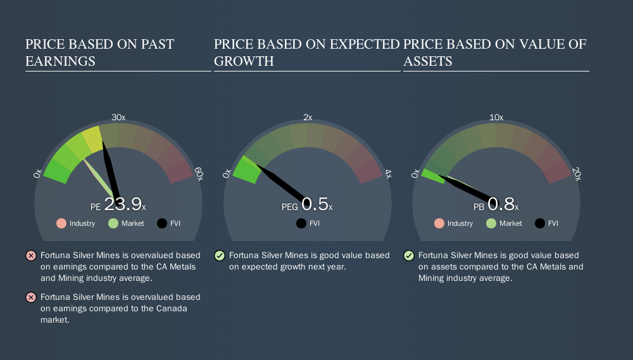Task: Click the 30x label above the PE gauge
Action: coord(118,117)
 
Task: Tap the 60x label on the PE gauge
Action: coord(198,174)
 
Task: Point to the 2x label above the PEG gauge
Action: coord(308,117)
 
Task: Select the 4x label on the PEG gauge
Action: coord(387,174)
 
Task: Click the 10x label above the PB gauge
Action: coord(496,117)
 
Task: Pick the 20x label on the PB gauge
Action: coord(576,174)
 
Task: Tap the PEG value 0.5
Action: coord(315,204)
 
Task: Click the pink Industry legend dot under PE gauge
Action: coord(61,223)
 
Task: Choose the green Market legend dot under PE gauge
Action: coord(113,223)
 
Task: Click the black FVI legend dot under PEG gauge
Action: coord(301,223)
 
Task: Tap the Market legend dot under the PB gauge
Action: coord(491,223)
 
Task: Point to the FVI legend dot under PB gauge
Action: coord(540,223)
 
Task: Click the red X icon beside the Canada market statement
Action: coord(30,297)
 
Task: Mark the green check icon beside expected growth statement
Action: coord(220,256)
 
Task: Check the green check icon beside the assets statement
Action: coord(409,256)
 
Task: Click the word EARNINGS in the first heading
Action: coord(60,61)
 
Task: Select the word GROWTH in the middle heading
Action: coord(244,61)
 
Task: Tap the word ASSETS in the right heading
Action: coord(428,61)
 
